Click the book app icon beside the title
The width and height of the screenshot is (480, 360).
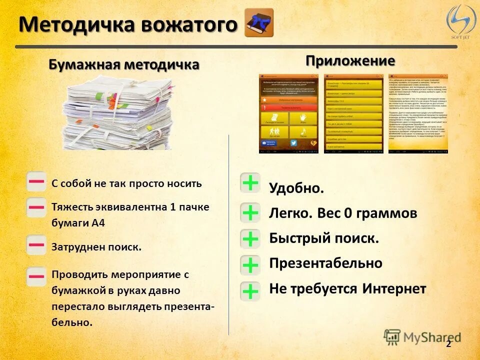coord(259,23)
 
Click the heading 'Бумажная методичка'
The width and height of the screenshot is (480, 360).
coord(124,64)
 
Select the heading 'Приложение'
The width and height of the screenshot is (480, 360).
coord(350,61)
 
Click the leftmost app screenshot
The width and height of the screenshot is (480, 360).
coord(288,113)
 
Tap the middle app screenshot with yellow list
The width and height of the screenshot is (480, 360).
coord(354,113)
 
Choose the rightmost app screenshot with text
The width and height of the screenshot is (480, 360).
coord(418,113)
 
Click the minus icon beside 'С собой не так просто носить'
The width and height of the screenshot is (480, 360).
coord(36,182)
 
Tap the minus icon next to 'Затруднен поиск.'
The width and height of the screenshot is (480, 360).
coord(36,245)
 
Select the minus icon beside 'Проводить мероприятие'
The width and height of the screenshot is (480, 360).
coord(36,276)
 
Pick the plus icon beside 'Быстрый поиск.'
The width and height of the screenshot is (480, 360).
coord(250,239)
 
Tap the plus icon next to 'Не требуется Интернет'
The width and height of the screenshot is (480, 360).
coord(250,291)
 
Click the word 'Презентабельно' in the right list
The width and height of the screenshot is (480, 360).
coord(326,263)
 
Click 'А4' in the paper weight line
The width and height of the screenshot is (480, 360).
coord(98,223)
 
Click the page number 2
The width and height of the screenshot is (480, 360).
coord(448,344)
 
